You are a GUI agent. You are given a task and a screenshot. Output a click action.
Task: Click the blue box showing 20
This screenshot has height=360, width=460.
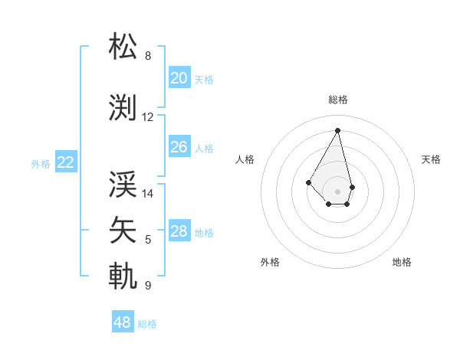coord(179,78)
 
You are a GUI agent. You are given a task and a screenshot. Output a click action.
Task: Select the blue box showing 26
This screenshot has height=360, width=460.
coord(179,147)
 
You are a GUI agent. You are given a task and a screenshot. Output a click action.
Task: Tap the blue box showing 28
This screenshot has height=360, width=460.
coord(179,231)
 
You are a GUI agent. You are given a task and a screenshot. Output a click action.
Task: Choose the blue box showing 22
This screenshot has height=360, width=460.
coord(66,162)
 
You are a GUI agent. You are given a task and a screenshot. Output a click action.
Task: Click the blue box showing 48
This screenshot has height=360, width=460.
coord(123,322)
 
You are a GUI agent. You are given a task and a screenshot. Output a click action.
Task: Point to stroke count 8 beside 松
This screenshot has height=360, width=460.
coord(148,56)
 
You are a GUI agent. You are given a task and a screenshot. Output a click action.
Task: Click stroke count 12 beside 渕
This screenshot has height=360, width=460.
coord(148,117)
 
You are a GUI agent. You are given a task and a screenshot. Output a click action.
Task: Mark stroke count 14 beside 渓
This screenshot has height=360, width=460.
coord(148,194)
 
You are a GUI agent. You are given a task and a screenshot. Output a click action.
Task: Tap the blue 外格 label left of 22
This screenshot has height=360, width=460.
coord(41,163)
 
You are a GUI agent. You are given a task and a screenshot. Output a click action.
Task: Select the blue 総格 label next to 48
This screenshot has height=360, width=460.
coord(147,324)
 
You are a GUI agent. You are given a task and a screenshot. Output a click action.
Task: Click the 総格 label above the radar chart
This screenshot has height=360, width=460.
coord(337,100)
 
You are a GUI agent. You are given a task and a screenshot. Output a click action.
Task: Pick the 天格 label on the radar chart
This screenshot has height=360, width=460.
coord(431,159)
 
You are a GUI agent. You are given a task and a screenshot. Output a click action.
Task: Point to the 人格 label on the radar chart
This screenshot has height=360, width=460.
coord(245,159)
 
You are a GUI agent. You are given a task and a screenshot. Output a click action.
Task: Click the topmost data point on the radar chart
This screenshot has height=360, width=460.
coord(337,129)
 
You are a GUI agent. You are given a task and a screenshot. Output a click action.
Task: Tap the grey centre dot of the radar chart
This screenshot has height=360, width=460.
coord(337,191)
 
